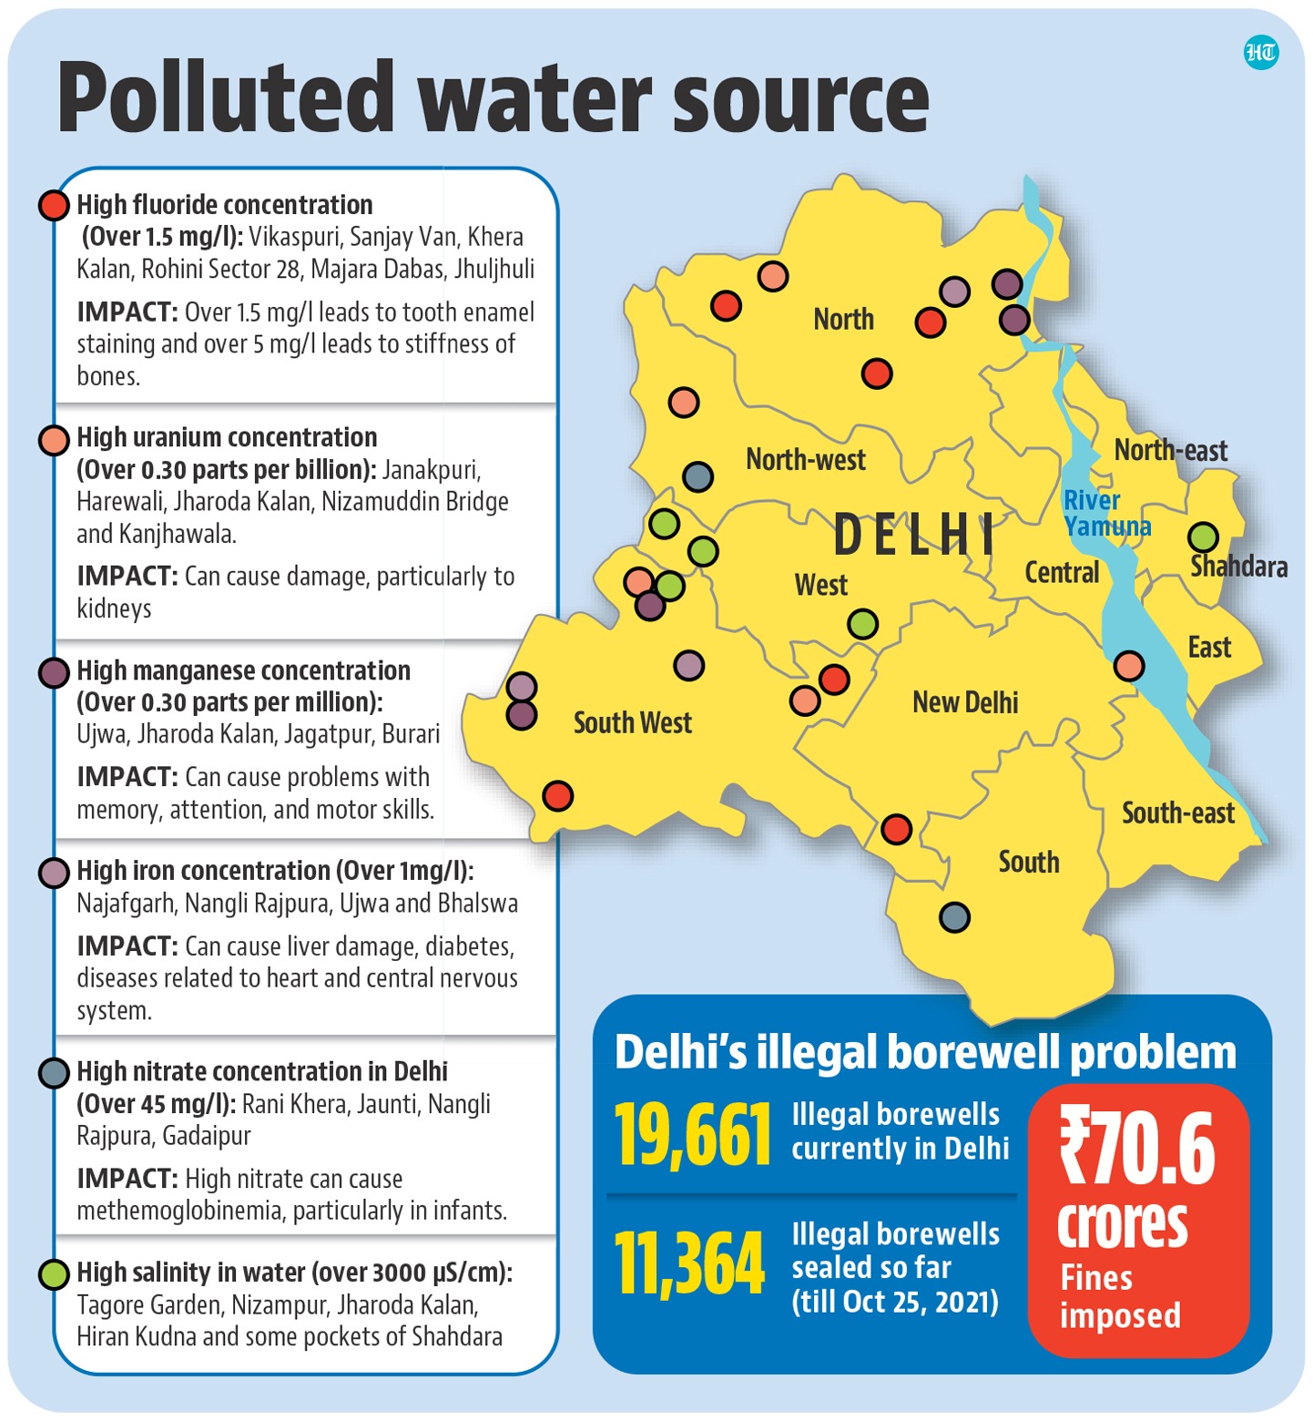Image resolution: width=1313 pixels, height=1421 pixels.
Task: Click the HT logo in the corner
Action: [x=1260, y=54]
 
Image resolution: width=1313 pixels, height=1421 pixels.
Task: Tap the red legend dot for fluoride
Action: [x=55, y=205]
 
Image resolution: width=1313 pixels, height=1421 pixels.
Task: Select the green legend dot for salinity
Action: [x=55, y=1273]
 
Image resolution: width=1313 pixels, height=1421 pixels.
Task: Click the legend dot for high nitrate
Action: [x=55, y=1073]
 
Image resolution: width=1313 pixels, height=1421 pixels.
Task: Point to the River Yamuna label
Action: [x=1105, y=513]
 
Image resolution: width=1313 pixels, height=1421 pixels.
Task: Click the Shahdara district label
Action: [x=1238, y=567]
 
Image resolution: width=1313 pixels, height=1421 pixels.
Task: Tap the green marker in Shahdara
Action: [x=1203, y=537]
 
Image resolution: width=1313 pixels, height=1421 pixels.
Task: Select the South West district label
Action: [x=633, y=723]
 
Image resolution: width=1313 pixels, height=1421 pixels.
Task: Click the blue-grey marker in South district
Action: [x=954, y=916]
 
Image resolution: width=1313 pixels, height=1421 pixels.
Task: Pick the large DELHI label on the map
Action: [x=914, y=535]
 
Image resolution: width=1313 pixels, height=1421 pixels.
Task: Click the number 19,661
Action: [x=692, y=1135]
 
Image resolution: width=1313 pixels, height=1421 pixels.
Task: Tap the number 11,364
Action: [x=689, y=1264]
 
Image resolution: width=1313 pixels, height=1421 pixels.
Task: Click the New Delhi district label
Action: [x=965, y=702]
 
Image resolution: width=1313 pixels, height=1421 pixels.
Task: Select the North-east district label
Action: [x=1170, y=450]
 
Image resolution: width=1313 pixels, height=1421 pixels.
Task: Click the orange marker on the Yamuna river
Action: [x=1129, y=666]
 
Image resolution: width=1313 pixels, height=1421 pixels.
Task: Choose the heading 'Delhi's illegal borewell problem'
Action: [x=925, y=1053]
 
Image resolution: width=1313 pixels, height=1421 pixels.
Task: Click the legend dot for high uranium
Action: [x=55, y=440]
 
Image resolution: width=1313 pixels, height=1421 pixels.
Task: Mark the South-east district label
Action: [x=1177, y=813]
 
